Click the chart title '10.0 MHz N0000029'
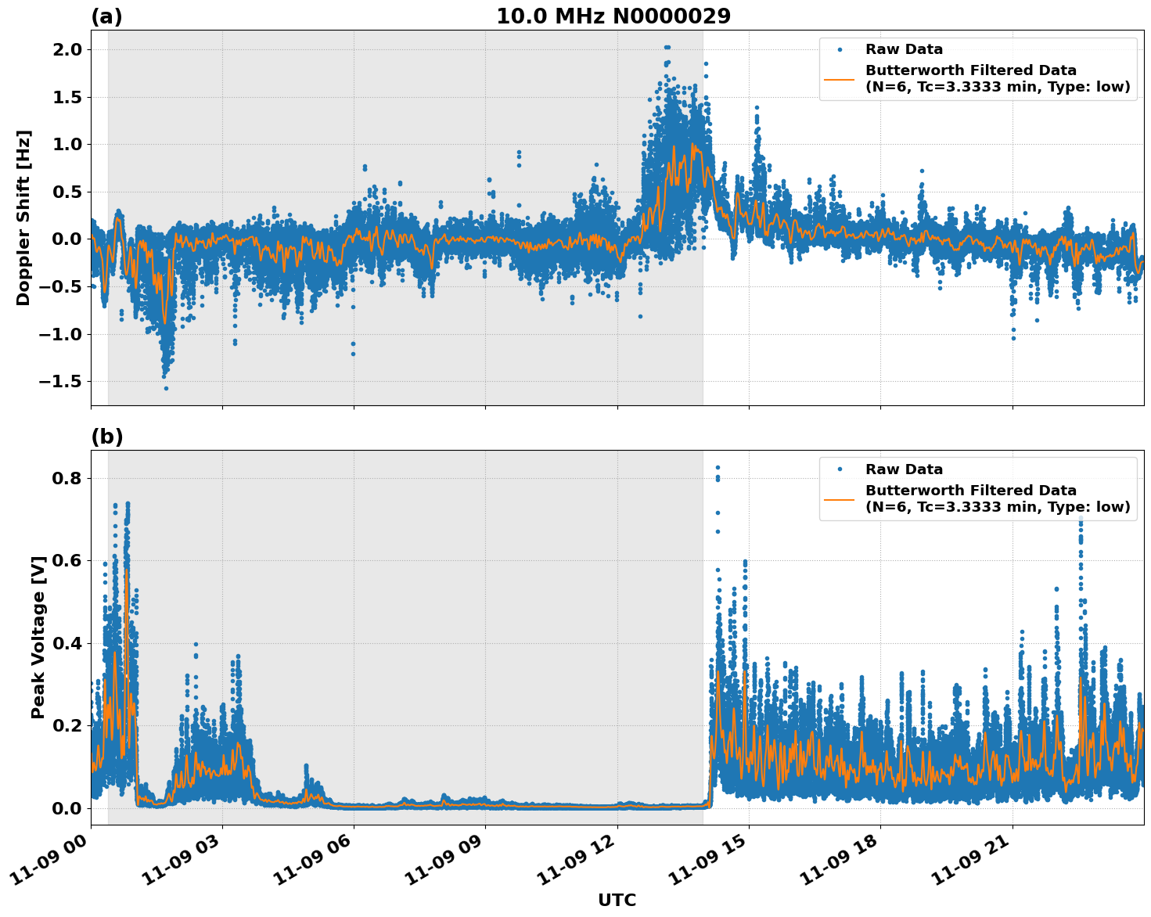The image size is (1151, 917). tap(613, 16)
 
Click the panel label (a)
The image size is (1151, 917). tap(106, 16)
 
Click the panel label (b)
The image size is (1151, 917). tap(106, 437)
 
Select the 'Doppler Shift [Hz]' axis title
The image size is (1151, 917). tap(23, 218)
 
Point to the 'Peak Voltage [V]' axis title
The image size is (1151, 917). tap(38, 637)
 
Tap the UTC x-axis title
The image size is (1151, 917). tap(617, 900)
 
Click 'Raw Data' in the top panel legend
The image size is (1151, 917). tap(904, 49)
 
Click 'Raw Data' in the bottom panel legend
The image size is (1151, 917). tap(904, 469)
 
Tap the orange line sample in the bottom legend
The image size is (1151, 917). tap(840, 498)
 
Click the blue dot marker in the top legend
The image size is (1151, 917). tap(840, 49)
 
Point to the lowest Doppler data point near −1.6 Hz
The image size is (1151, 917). tap(166, 388)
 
